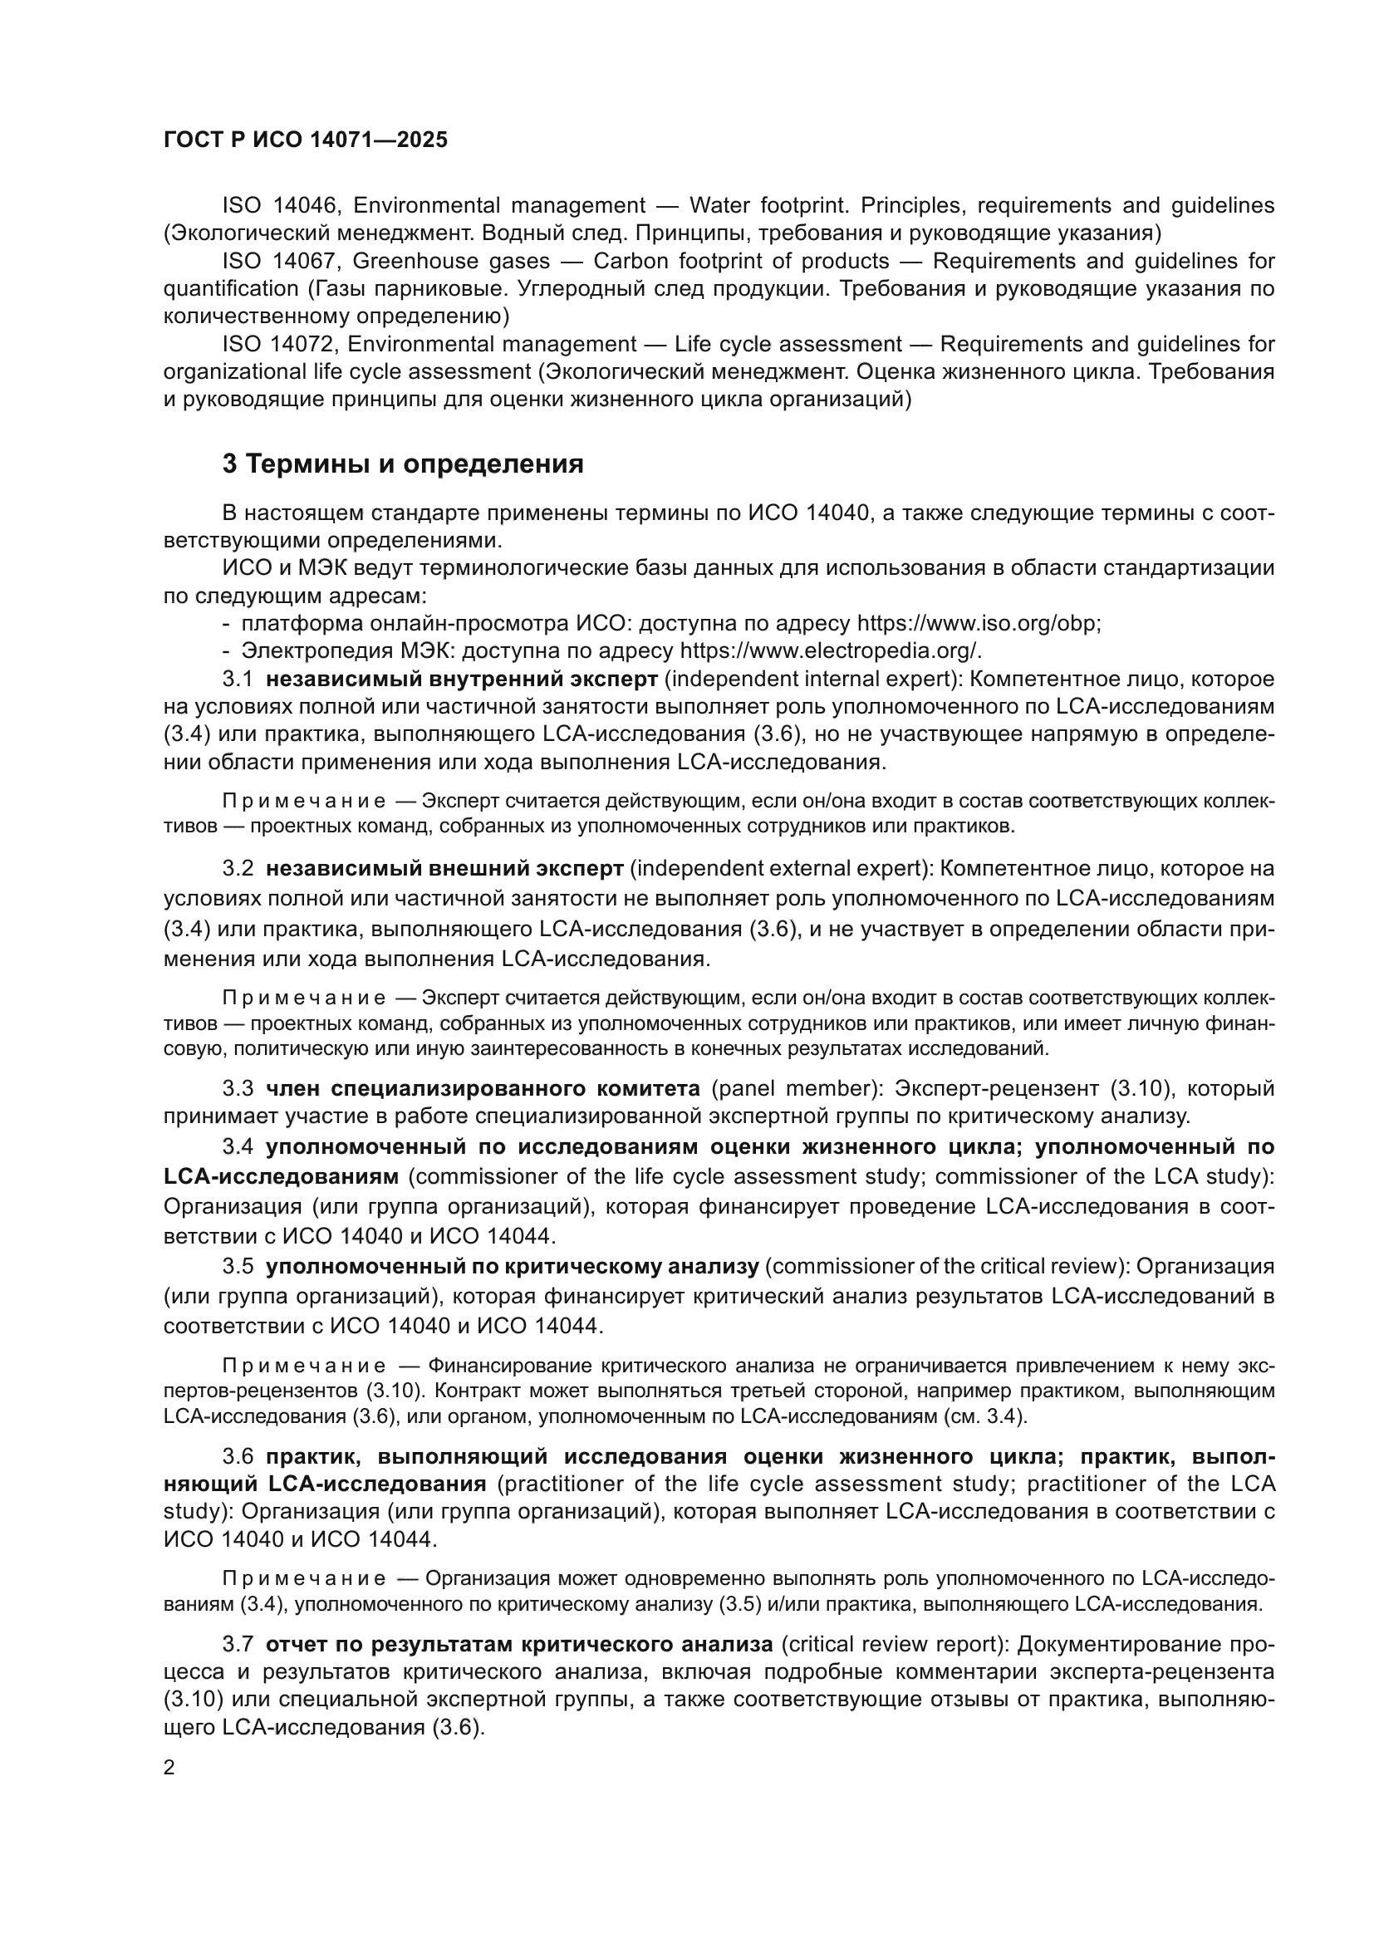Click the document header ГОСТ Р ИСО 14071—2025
(x=305, y=140)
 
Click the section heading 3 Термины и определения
(x=403, y=464)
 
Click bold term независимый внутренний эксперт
(x=461, y=680)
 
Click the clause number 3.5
(x=237, y=1267)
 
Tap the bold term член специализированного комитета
(x=483, y=1088)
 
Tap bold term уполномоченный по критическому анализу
(x=512, y=1267)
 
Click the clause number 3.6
(x=237, y=1456)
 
